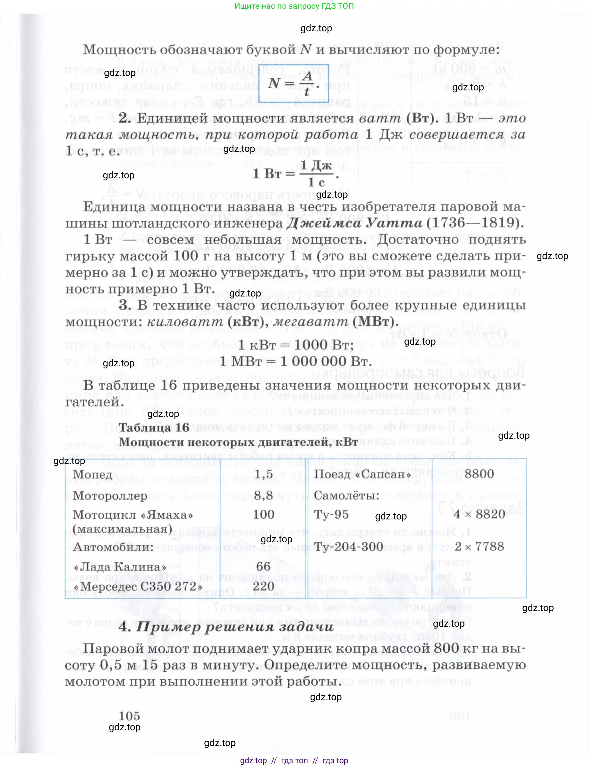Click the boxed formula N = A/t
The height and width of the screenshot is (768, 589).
point(293,83)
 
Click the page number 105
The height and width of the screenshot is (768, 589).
point(129,716)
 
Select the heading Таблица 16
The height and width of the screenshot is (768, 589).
point(154,427)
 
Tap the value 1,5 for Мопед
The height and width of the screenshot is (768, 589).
point(263,474)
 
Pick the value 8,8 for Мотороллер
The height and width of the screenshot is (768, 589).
point(263,495)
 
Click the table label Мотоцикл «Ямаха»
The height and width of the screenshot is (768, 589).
point(133,515)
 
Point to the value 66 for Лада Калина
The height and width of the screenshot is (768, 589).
point(263,566)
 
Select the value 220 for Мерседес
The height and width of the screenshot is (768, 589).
point(263,586)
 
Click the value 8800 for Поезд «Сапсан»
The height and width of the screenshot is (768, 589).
point(479,474)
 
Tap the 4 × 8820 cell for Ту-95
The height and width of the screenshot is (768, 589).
point(479,514)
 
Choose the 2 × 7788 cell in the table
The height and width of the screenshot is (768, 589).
point(479,546)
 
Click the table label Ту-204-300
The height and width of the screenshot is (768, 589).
point(348,547)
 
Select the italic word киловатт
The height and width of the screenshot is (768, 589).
point(185,321)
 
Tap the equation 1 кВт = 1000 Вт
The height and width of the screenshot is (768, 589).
point(296,345)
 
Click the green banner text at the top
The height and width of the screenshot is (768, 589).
point(294,6)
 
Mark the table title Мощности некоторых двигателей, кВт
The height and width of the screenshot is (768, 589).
point(238,442)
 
